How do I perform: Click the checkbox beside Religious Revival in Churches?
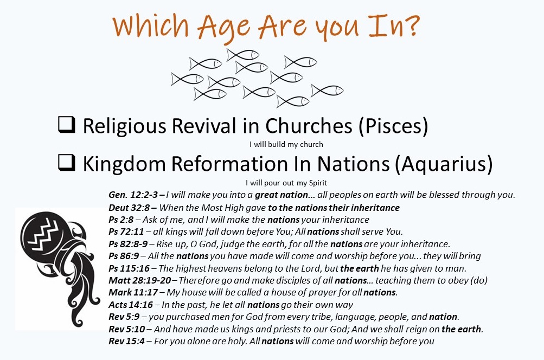pyautogui.click(x=66, y=125)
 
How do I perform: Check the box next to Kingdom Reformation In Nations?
pyautogui.click(x=66, y=163)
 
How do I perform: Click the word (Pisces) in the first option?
pyautogui.click(x=393, y=126)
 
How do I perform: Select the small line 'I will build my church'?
pyautogui.click(x=286, y=144)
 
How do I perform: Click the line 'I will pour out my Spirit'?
pyautogui.click(x=286, y=183)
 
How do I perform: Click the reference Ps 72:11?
pyautogui.click(x=126, y=232)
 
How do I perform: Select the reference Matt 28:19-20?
pyautogui.click(x=140, y=280)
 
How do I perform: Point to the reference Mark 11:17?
pyautogui.click(x=133, y=292)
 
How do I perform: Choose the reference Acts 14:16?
pyautogui.click(x=131, y=305)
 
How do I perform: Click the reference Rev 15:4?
pyautogui.click(x=126, y=341)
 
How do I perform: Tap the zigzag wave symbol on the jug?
pyautogui.click(x=44, y=234)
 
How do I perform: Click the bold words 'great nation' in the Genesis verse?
pyautogui.click(x=281, y=195)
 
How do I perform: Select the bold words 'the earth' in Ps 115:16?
pyautogui.click(x=360, y=268)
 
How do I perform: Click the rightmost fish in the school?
pyautogui.click(x=327, y=91)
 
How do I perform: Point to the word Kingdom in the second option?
pyautogui.click(x=124, y=164)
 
